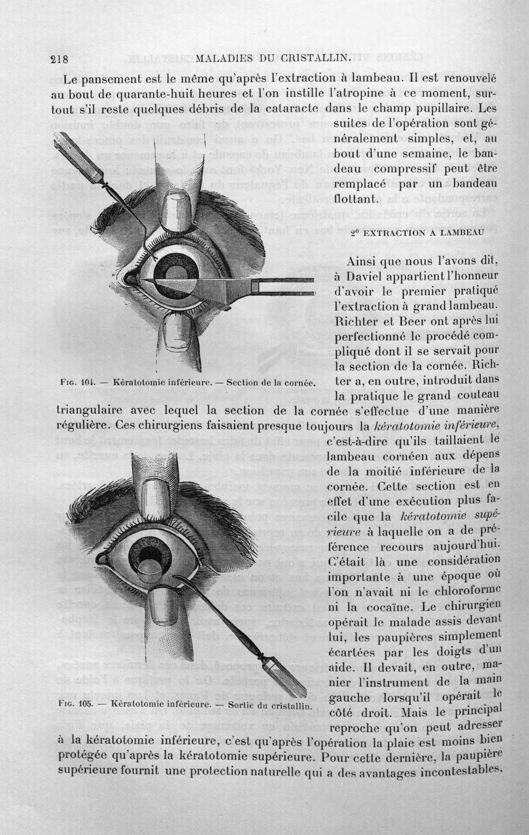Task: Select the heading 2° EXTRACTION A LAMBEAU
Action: [417, 233]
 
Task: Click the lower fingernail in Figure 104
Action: [178, 331]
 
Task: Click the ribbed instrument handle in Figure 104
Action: [76, 157]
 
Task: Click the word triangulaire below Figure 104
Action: [89, 411]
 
